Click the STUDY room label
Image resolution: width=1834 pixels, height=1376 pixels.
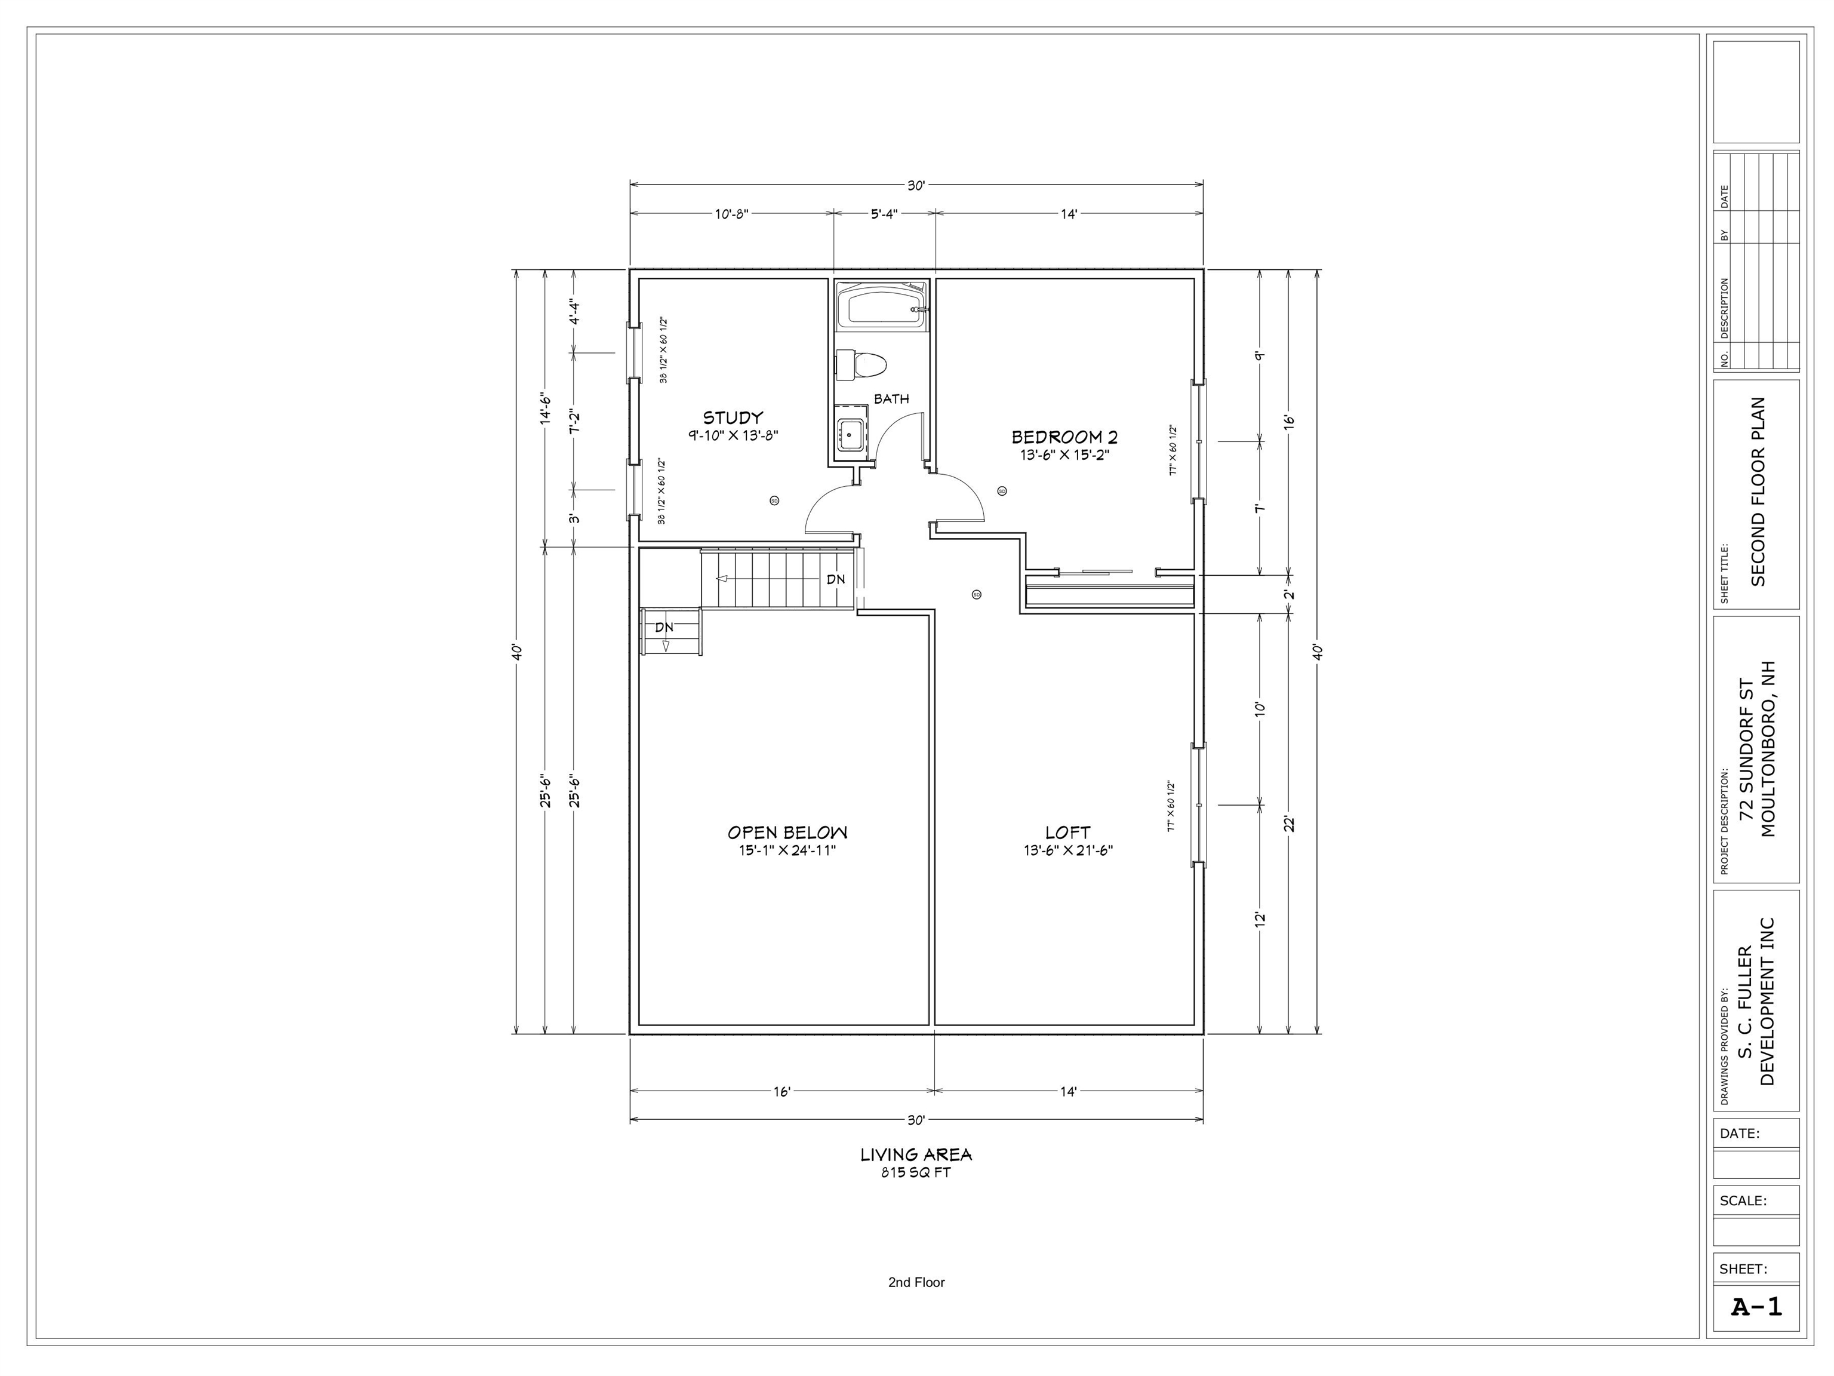(733, 418)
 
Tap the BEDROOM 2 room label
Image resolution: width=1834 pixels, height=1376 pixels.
(1064, 437)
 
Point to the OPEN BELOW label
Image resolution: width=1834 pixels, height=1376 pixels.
(787, 832)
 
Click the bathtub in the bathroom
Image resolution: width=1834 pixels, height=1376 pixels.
(881, 306)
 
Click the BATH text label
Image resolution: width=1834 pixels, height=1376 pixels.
(891, 399)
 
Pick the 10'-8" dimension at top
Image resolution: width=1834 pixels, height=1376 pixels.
(731, 214)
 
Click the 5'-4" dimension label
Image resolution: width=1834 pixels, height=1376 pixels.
(884, 214)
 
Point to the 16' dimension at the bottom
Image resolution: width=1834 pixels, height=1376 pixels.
(782, 1092)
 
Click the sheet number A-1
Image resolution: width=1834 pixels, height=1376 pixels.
(1756, 1307)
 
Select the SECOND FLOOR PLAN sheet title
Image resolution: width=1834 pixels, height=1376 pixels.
(1758, 492)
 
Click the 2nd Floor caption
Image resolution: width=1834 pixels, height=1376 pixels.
(916, 1282)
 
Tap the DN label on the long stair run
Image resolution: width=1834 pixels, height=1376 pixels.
(836, 579)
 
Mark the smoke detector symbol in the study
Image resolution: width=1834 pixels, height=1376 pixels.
(774, 500)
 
